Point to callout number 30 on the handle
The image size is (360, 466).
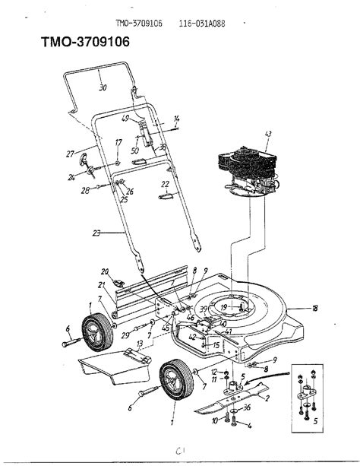103,87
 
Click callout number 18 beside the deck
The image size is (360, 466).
315,308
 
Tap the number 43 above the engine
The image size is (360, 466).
267,134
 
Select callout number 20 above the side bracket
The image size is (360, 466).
105,271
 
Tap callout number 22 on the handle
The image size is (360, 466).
165,183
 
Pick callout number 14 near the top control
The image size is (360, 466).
175,119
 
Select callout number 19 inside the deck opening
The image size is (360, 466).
223,307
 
